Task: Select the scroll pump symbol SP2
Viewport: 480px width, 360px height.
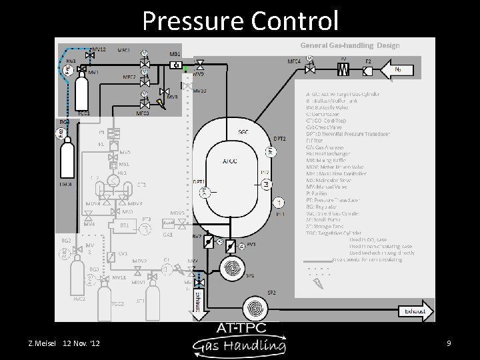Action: coord(253,308)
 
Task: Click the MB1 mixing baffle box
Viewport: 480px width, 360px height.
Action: coord(175,65)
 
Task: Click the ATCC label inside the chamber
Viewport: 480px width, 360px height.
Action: coord(230,161)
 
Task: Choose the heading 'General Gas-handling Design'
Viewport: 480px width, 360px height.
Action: coord(350,45)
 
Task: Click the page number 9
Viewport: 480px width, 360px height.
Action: coord(449,343)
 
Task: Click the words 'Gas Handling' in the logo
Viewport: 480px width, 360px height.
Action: coord(240,345)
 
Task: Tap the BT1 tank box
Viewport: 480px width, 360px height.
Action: coord(124,225)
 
